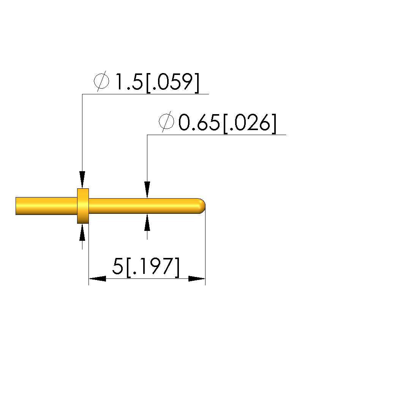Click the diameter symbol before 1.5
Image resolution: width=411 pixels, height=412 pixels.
[x=101, y=81]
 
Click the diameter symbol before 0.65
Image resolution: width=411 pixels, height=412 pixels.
[x=166, y=122]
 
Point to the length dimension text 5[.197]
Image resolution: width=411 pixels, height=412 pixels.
[x=146, y=267]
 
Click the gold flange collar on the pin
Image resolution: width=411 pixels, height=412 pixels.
[x=83, y=206]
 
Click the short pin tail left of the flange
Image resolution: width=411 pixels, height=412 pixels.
[x=46, y=206]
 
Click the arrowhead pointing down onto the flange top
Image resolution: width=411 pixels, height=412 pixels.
[x=82, y=180]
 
